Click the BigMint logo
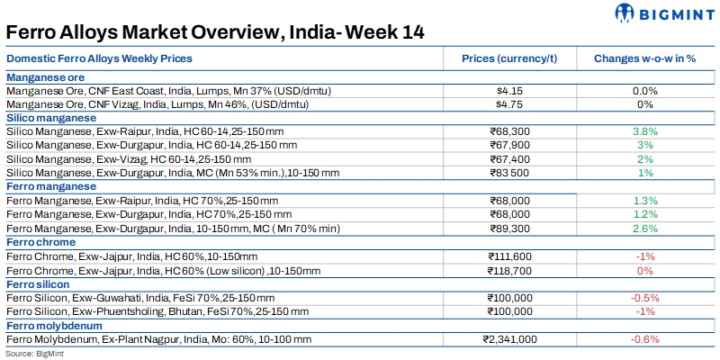point(665,13)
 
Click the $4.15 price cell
point(509,91)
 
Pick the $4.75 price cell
point(509,103)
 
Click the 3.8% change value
point(645,131)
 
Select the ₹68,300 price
point(509,131)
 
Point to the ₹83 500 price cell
point(509,172)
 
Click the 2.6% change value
point(645,229)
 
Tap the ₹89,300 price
point(509,229)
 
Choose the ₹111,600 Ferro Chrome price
point(509,256)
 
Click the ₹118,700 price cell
point(509,270)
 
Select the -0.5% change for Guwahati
point(645,298)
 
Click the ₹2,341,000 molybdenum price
point(509,339)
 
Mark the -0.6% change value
point(645,339)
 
